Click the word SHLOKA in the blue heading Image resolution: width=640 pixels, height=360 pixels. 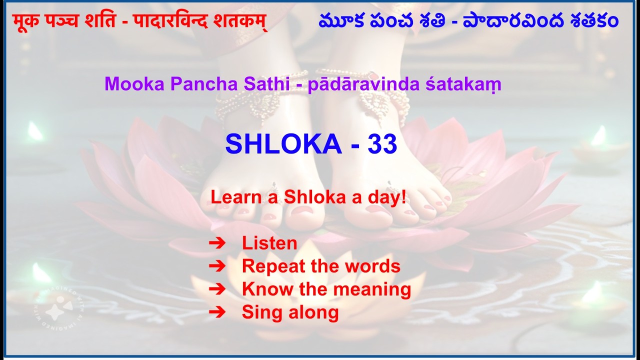[x=283, y=144]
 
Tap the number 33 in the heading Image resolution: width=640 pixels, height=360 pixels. [x=382, y=144]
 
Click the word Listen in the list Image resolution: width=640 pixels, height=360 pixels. [x=269, y=243]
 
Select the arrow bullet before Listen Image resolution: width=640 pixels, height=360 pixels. [x=217, y=243]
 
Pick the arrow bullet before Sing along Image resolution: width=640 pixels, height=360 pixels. [x=217, y=312]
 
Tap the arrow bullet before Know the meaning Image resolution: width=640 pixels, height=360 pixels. [x=217, y=289]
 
